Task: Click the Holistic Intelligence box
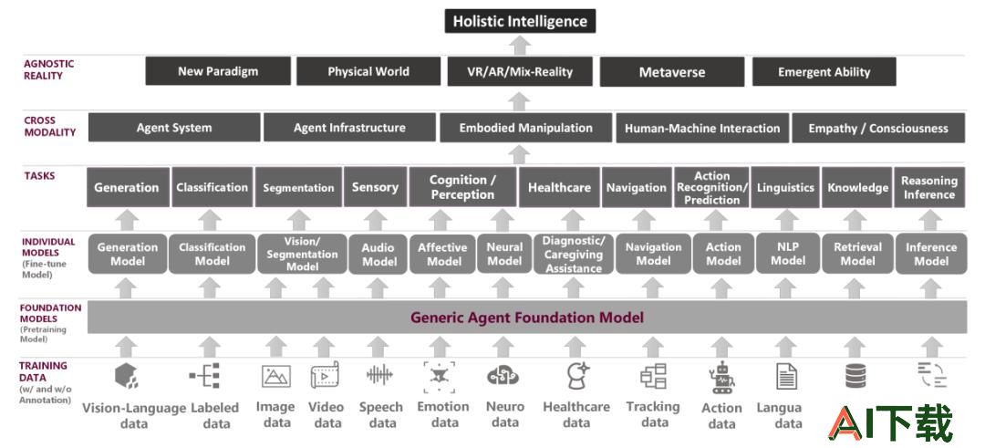click(x=520, y=21)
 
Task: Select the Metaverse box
click(x=672, y=72)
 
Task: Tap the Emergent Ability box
click(x=824, y=72)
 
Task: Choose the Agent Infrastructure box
click(x=349, y=128)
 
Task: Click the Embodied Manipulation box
click(x=526, y=128)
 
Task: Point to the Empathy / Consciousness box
click(x=878, y=128)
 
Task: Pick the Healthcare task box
click(x=559, y=187)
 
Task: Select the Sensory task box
click(x=375, y=187)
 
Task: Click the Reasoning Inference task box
click(x=929, y=187)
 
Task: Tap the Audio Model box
click(x=379, y=255)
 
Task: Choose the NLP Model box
click(x=788, y=254)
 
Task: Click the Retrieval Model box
click(x=857, y=254)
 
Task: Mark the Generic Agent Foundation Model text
click(x=527, y=318)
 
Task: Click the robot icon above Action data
click(x=722, y=378)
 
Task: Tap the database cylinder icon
click(x=855, y=376)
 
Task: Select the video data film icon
click(x=325, y=375)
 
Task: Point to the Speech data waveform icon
click(x=379, y=375)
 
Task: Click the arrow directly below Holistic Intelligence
click(x=520, y=46)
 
